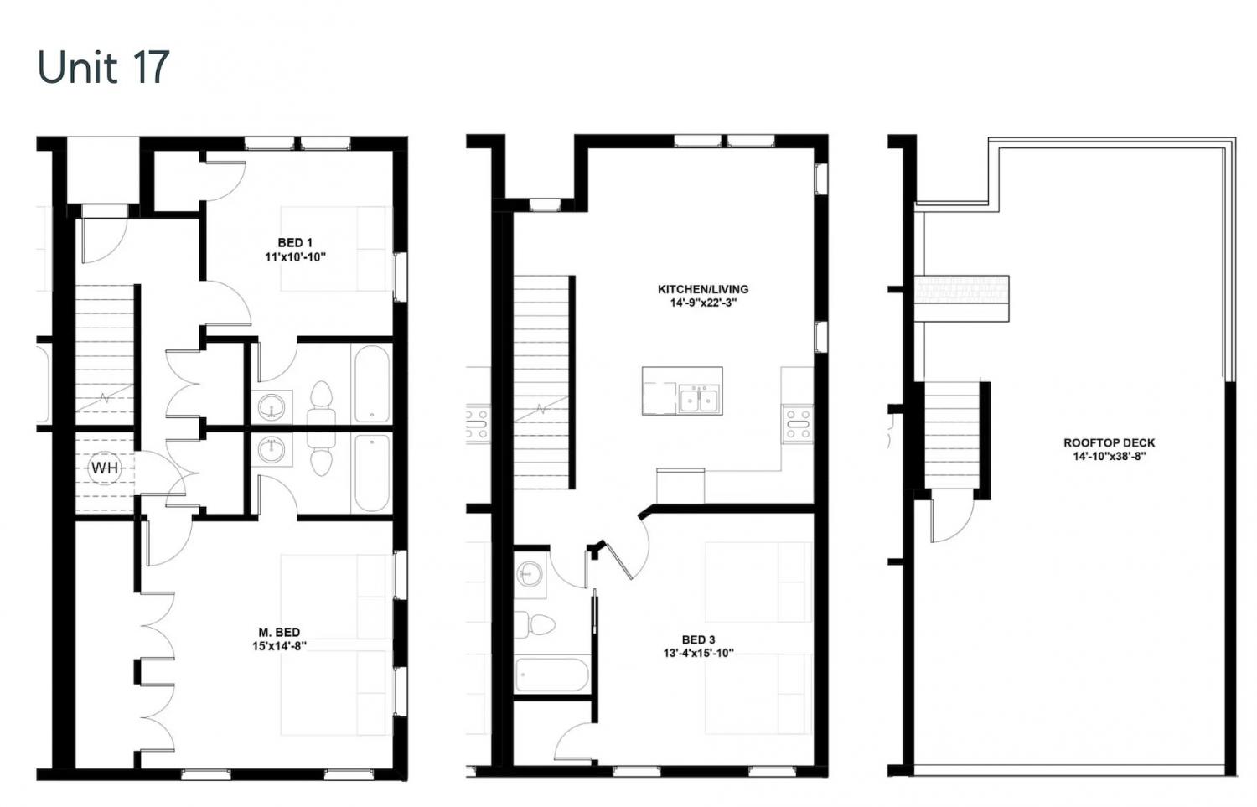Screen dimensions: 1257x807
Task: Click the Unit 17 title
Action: click(x=103, y=67)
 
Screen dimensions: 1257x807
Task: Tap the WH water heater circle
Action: click(x=105, y=468)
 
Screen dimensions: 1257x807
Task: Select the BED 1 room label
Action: click(x=295, y=242)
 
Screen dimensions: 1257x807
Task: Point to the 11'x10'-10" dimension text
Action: click(x=295, y=257)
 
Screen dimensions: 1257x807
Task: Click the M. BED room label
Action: click(x=279, y=633)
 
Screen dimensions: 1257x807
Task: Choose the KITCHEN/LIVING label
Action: click(x=703, y=289)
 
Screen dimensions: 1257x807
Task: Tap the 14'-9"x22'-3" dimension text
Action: click(x=703, y=303)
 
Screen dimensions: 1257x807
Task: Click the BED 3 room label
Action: click(x=699, y=639)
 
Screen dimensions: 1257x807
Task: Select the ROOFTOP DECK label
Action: click(x=1110, y=442)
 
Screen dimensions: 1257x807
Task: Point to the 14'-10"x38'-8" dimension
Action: click(x=1110, y=456)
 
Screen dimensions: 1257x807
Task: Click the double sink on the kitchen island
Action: click(x=699, y=399)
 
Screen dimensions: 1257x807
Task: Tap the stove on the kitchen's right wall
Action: click(x=798, y=424)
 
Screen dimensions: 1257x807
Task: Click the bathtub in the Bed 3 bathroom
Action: click(x=551, y=675)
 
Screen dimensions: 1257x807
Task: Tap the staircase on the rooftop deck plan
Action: click(x=952, y=436)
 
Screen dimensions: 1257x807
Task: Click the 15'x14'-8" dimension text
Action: click(x=279, y=646)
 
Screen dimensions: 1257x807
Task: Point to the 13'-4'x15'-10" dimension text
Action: click(x=699, y=654)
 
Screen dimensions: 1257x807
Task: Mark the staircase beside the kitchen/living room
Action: click(x=541, y=382)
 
